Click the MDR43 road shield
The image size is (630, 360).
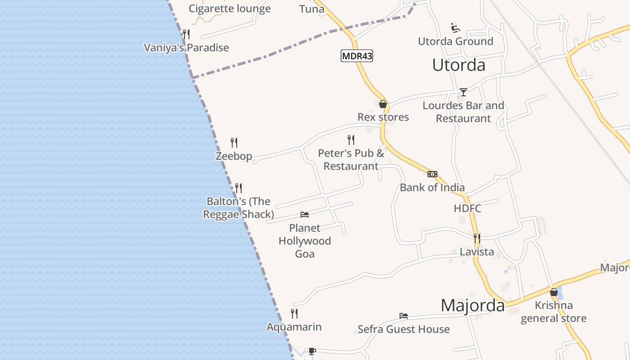point(357,56)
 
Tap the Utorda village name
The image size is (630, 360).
point(459,65)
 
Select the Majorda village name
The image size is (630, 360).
point(472,306)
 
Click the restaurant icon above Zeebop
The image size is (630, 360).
point(234,143)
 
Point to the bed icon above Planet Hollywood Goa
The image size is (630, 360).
point(305,215)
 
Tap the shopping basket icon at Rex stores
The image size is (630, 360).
point(383,104)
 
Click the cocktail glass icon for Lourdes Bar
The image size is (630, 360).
point(463,92)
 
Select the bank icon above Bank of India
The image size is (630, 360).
point(432,174)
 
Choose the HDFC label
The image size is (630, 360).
point(468,208)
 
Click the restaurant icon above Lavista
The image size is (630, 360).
point(477,238)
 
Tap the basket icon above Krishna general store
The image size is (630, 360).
point(554,292)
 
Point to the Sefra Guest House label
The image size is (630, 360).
point(404,329)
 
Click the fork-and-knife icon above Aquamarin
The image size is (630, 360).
point(294,313)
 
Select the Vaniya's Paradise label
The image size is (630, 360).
point(186,48)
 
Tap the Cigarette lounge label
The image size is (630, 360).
point(229,9)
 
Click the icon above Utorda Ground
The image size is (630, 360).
point(455,28)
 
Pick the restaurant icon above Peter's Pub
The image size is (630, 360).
point(351,140)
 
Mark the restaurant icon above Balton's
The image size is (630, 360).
point(238,188)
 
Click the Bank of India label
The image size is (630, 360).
point(432,188)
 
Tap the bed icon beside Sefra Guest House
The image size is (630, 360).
point(404,316)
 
